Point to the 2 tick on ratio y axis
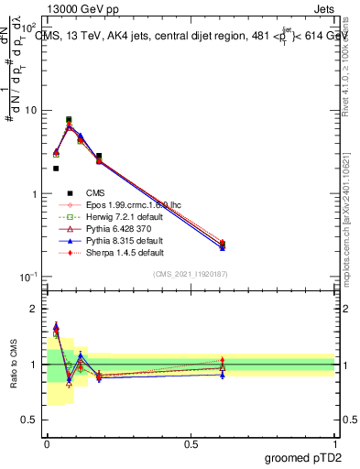coord(33,309)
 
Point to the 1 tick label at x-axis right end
coord(334,444)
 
